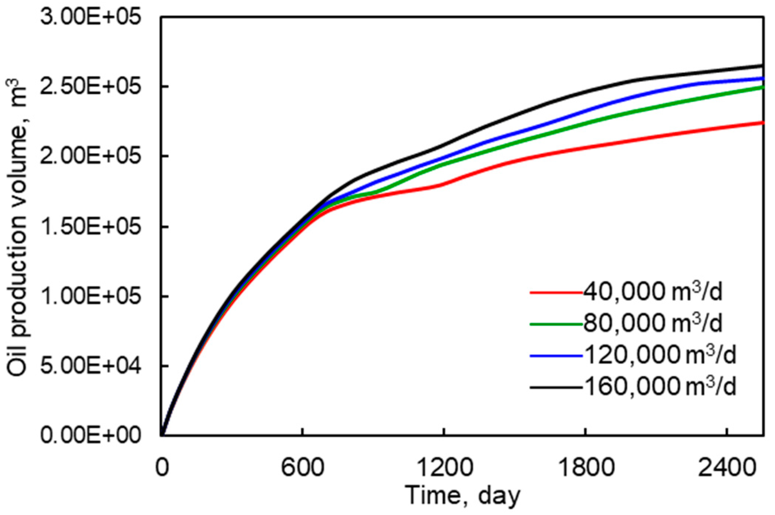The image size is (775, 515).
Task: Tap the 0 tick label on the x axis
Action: pyautogui.click(x=162, y=468)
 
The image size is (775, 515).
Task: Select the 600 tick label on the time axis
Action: pyautogui.click(x=303, y=468)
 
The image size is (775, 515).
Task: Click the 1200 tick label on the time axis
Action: pyautogui.click(x=444, y=468)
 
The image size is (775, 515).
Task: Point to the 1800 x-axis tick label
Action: pyautogui.click(x=586, y=468)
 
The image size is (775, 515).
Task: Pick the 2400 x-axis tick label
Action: pyautogui.click(x=727, y=468)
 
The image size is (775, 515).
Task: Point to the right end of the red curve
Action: pyautogui.click(x=762, y=123)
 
